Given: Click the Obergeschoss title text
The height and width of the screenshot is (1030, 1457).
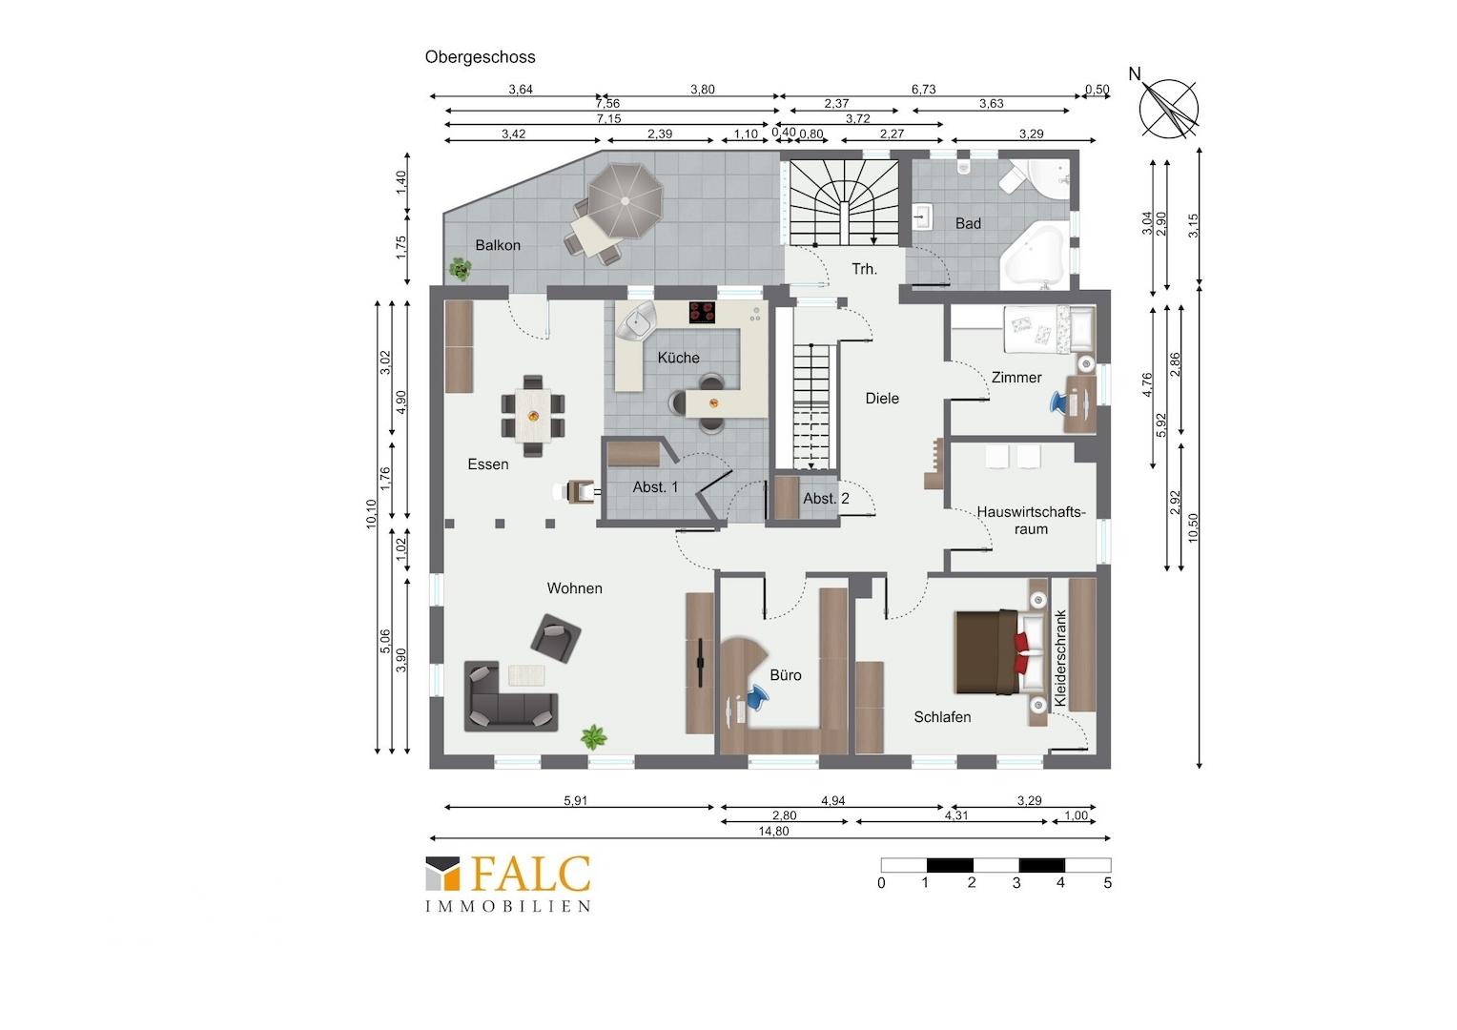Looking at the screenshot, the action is point(480,57).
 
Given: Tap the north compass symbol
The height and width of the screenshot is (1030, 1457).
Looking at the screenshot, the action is point(1168,108).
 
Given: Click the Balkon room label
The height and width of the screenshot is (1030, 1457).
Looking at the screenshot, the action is point(498,245).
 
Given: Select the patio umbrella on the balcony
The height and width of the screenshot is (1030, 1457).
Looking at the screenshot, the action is point(626,200).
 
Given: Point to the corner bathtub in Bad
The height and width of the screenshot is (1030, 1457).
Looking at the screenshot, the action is point(1036,256).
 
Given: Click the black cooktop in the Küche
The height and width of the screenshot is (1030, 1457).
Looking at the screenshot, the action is point(702,312).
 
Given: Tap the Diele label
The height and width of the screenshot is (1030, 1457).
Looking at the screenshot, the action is point(882,399).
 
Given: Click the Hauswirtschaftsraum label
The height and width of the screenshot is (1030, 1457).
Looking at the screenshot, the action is point(1031,521).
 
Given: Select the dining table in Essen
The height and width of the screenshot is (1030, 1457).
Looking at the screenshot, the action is point(533,416).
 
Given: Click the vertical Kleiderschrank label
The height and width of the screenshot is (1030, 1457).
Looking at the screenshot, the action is point(1060,658).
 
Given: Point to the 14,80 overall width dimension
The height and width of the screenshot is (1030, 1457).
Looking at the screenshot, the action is point(773,831).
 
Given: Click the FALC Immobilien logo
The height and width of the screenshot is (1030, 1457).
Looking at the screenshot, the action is point(508,883).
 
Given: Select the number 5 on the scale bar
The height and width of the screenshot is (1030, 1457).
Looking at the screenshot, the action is point(1108,883).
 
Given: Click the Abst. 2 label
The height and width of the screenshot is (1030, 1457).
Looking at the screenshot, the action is point(826,499).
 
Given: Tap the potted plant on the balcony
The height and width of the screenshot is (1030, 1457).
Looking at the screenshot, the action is point(461,269).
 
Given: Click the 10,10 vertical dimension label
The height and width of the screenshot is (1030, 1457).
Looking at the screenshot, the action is point(371,514).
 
